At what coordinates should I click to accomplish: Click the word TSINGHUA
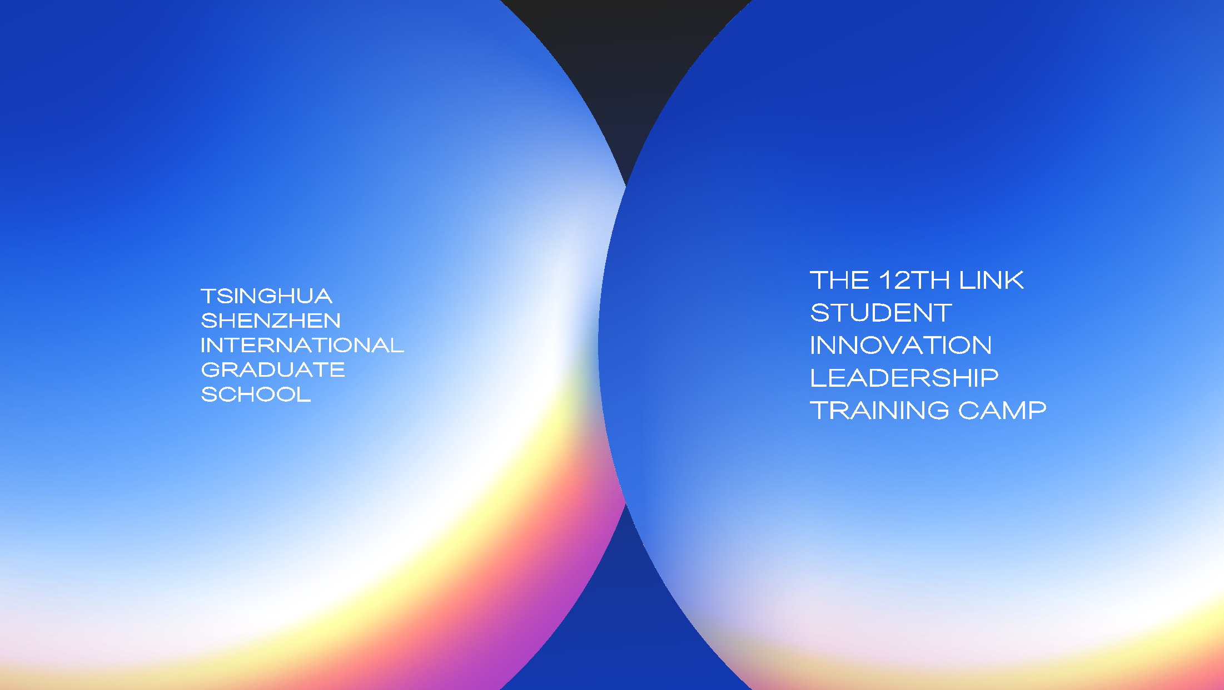click(x=266, y=296)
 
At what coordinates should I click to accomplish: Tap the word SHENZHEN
click(x=271, y=321)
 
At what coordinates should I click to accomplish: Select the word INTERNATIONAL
click(x=302, y=345)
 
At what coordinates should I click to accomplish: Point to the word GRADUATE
click(x=273, y=369)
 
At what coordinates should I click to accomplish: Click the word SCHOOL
click(x=256, y=394)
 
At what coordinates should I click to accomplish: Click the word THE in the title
click(x=839, y=280)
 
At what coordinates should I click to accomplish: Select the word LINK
click(x=992, y=280)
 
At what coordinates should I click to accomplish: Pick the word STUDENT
click(x=881, y=313)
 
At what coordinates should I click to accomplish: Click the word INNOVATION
click(x=901, y=345)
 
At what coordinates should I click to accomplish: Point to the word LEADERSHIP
click(x=904, y=378)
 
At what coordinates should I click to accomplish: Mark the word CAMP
click(x=1002, y=410)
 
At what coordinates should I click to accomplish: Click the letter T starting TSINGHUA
click(x=210, y=296)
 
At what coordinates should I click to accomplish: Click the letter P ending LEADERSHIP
click(x=989, y=378)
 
